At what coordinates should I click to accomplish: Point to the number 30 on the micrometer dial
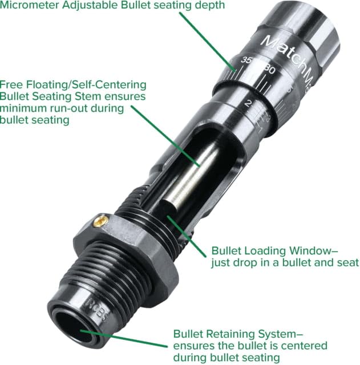coord(270,71)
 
